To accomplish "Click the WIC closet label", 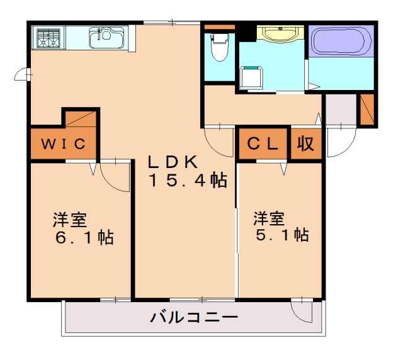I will tap(63, 144).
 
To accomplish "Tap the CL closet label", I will tap(263, 144).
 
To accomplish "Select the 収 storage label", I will tap(306, 144).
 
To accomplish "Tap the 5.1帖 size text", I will tap(281, 236).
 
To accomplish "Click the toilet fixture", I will tap(220, 48).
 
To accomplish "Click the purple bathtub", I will tap(339, 41).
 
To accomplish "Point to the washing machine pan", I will tap(256, 77).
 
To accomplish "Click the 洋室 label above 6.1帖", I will tap(69, 220).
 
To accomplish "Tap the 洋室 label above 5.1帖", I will tap(270, 219).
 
